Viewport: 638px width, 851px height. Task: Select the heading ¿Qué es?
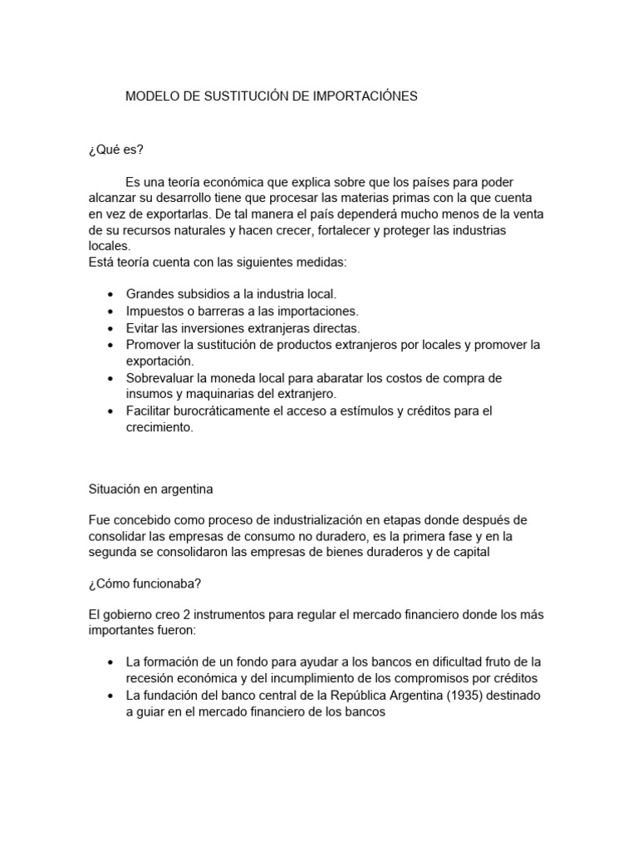pos(115,150)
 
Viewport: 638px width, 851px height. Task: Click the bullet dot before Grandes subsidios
pos(112,295)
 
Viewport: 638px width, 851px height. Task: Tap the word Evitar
pos(143,327)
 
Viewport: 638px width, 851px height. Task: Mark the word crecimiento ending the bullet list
pos(159,427)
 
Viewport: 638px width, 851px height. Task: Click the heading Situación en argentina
pos(151,489)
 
